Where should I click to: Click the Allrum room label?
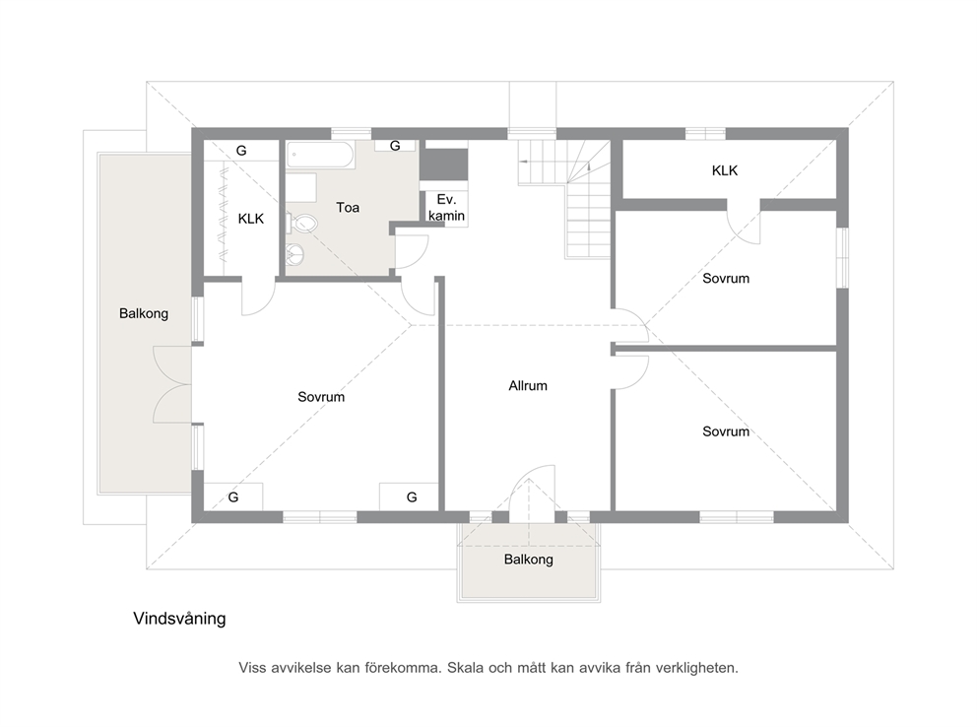[x=528, y=385]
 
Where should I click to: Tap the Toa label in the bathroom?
[x=348, y=208]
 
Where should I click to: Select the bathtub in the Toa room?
[x=320, y=154]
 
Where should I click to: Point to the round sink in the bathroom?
[x=296, y=253]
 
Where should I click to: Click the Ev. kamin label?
[x=447, y=208]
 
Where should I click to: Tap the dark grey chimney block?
[x=443, y=164]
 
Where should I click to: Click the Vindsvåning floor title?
[x=179, y=619]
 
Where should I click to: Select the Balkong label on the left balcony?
[x=144, y=313]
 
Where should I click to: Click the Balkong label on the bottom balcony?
[x=528, y=560]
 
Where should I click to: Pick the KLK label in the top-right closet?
[x=725, y=170]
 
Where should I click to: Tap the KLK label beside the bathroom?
[x=251, y=219]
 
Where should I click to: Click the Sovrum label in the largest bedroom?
[x=321, y=397]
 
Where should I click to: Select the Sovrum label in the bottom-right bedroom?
[x=726, y=431]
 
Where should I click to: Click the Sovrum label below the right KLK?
[x=726, y=279]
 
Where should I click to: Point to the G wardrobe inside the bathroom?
[x=395, y=146]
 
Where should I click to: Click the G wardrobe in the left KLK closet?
[x=241, y=150]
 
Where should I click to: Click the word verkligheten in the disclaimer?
[x=700, y=668]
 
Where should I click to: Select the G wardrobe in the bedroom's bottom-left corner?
[x=233, y=496]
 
